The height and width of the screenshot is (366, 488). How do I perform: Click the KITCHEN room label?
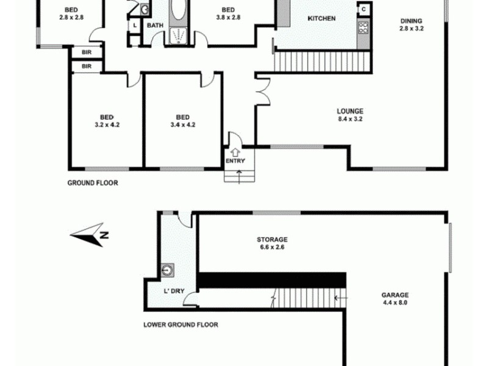pos(321,19)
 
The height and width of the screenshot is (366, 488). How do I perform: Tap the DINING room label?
pos(411,20)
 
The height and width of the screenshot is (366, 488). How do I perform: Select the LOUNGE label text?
pos(350,111)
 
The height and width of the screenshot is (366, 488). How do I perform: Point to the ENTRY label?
pos(235,161)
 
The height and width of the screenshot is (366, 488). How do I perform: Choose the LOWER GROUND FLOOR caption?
pos(181,325)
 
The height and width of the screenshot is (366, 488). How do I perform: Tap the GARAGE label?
pos(396,294)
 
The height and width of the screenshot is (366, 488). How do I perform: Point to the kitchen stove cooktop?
pos(363,27)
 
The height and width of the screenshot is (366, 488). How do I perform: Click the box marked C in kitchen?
pos(364,9)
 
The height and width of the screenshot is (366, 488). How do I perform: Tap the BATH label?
pos(154,26)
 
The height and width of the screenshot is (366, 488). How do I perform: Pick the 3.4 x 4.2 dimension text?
pos(182,125)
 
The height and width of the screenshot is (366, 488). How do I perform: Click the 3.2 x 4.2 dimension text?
pos(107,125)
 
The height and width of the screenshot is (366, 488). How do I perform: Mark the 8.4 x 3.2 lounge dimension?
pos(350,119)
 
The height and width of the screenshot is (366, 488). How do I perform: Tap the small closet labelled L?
pos(134,26)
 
